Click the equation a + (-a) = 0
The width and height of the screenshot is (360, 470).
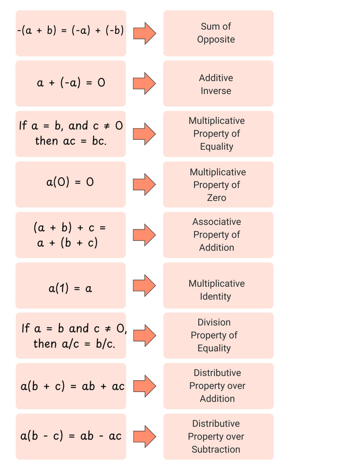pos(71,83)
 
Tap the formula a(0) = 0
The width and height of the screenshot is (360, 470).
pos(70,182)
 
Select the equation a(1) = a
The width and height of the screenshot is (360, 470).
pos(70,288)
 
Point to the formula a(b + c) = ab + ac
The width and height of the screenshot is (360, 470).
pos(72,386)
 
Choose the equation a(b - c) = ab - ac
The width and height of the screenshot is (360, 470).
pos(71,436)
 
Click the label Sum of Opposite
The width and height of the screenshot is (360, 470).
pos(216,33)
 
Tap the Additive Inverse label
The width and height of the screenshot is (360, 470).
pos(216,84)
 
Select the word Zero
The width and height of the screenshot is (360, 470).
pos(217,198)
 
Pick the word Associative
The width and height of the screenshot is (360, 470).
pos(217,222)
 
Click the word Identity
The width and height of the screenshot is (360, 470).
pos(216,296)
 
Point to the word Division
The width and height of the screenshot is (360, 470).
pos(214,322)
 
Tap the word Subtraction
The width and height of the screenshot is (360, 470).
pos(216,449)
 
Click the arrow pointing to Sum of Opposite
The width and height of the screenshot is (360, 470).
pos(144,33)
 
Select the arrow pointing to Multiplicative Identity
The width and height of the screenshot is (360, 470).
pos(144,285)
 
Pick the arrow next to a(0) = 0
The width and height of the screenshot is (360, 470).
pos(144,184)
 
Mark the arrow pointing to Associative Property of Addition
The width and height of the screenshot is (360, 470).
pos(144,235)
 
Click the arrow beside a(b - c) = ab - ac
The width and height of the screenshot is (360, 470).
pos(144,436)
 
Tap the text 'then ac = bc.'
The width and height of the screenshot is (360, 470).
pos(71,141)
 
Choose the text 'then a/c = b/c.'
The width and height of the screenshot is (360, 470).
pos(74,344)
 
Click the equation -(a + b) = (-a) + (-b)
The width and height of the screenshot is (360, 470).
pos(71,31)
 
